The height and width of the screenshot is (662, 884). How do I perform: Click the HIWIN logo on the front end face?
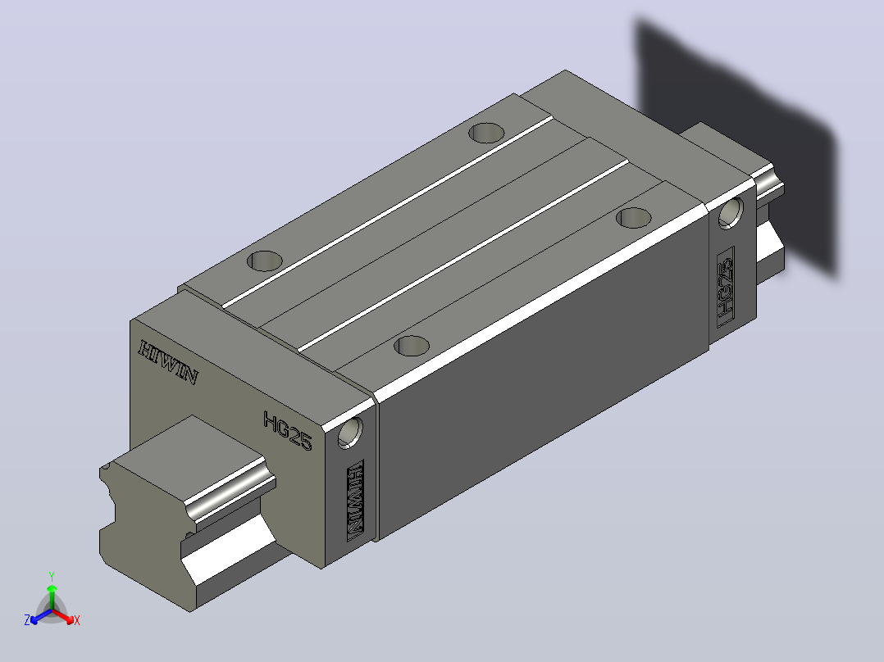(x=168, y=363)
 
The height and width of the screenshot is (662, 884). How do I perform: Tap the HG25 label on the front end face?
(x=288, y=431)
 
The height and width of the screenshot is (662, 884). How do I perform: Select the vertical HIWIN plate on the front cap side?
(x=355, y=501)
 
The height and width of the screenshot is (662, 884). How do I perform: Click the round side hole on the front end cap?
(x=349, y=433)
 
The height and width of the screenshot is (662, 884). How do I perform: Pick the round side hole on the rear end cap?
(x=730, y=213)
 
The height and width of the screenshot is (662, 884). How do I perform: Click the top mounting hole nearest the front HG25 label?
(x=412, y=346)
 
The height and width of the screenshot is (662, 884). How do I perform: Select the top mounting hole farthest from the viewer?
(x=486, y=133)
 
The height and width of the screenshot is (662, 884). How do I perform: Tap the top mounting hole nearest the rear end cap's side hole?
(x=634, y=217)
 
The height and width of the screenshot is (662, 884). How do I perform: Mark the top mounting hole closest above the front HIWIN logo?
(x=265, y=261)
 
